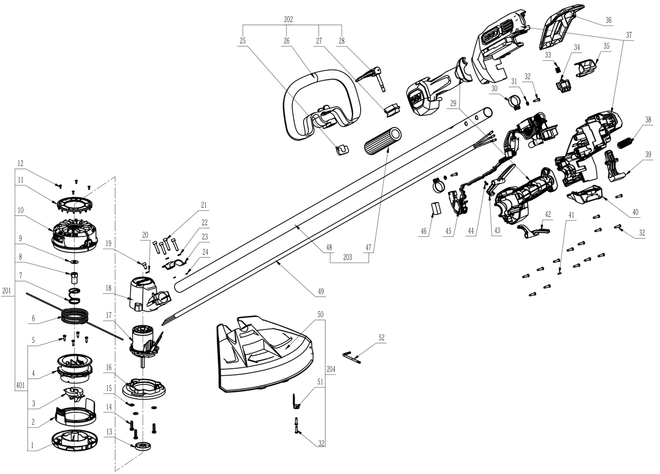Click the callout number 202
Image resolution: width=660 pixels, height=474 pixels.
(288, 20)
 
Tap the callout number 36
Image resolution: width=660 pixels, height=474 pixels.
(608, 20)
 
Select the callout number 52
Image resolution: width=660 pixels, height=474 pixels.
(381, 338)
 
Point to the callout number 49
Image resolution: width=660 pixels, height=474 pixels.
(321, 291)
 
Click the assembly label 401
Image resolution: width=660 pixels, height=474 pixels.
(20, 385)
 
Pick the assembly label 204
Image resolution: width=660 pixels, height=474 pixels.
(331, 369)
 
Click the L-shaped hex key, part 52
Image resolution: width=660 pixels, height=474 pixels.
(352, 356)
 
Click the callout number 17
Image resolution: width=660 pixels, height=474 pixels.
(109, 315)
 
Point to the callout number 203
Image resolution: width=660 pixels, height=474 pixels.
(348, 257)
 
